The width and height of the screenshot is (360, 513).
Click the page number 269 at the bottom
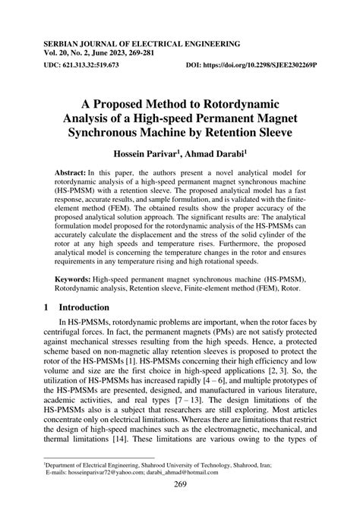[x=180, y=485]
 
